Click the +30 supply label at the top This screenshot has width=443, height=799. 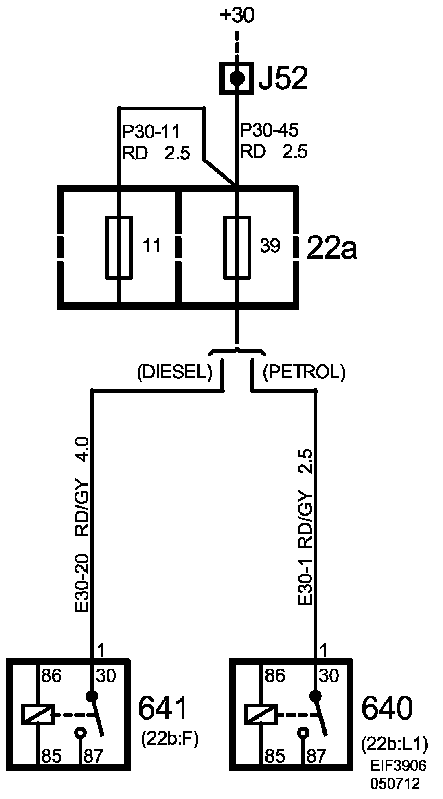point(237,16)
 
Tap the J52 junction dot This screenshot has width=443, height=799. point(237,77)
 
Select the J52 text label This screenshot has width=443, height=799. point(283,78)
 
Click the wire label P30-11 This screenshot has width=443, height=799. point(151,132)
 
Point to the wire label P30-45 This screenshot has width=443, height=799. point(269,130)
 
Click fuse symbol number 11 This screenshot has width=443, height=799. point(119,247)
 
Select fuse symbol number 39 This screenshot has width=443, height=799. point(237,247)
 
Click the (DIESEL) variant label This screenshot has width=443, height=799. point(175,373)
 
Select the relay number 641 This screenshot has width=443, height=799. point(162,708)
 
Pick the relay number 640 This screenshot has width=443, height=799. point(387,708)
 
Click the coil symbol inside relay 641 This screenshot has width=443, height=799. point(37,715)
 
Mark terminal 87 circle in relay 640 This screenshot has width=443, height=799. point(303,734)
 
